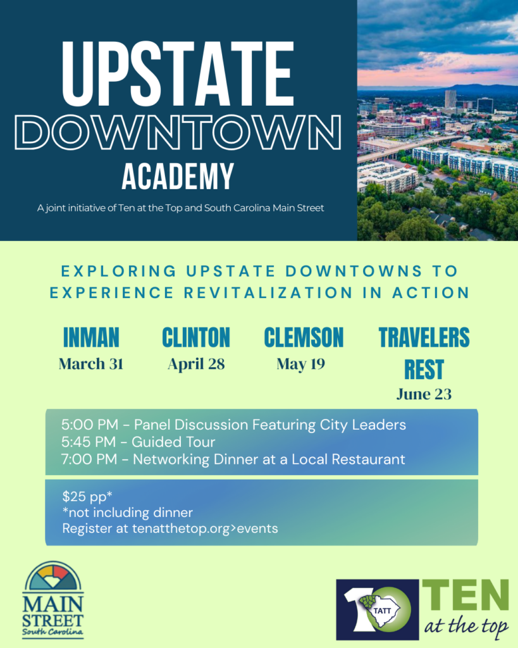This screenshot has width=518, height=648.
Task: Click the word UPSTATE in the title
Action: click(x=178, y=73)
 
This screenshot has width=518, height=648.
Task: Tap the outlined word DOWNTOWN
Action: click(x=178, y=132)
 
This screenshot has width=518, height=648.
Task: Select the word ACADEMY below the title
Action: click(x=178, y=177)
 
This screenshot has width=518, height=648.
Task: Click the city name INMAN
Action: click(x=91, y=337)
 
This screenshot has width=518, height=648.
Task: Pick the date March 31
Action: click(x=91, y=364)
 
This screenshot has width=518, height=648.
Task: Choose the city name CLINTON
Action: click(x=196, y=337)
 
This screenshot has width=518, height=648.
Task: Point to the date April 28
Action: click(x=196, y=364)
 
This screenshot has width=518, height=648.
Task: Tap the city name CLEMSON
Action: click(x=304, y=337)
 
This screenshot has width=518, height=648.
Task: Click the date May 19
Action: click(x=300, y=364)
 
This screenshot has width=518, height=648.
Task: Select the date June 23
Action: click(x=424, y=394)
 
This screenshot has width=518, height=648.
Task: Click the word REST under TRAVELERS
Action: click(x=424, y=369)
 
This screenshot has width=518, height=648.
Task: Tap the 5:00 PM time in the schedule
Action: click(x=89, y=425)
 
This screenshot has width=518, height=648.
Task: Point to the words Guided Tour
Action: click(x=173, y=442)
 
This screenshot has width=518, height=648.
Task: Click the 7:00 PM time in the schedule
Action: click(x=89, y=459)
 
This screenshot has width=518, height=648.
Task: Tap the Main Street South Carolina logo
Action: click(x=52, y=600)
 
